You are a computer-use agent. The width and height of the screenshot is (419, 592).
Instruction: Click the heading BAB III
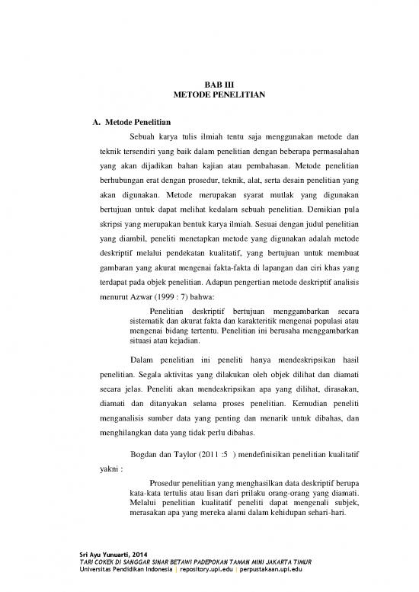(x=209, y=86)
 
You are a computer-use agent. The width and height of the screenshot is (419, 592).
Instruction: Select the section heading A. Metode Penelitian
(x=130, y=122)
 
